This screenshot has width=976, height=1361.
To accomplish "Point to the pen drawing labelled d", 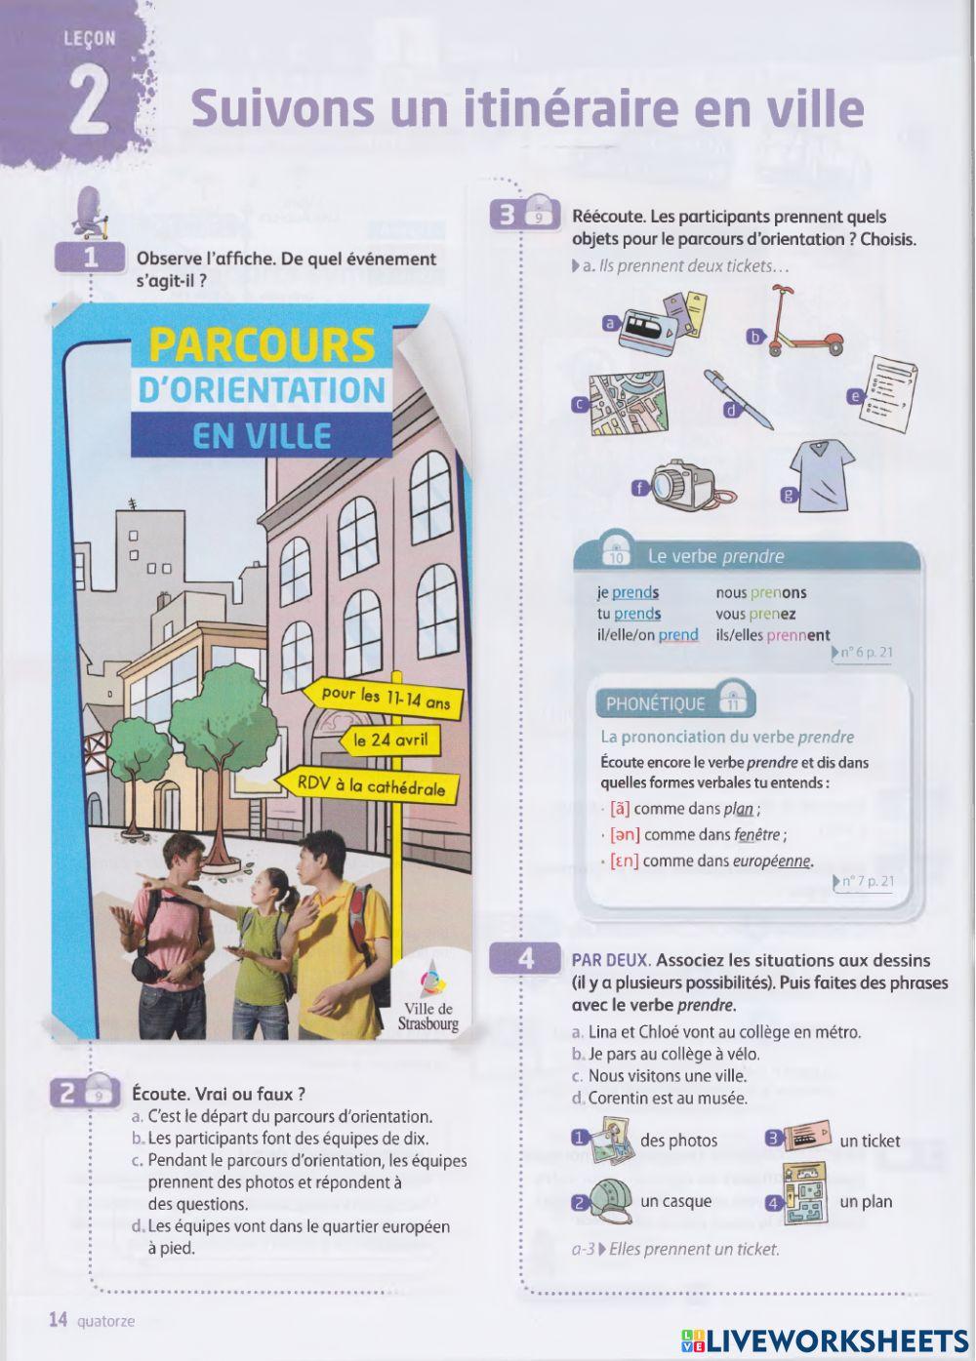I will pos(739,397).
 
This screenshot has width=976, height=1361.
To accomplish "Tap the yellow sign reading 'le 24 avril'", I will pos(390,741).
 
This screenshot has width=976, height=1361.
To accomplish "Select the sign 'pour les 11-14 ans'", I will pos(391,699).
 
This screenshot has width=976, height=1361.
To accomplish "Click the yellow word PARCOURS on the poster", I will pos(263,345).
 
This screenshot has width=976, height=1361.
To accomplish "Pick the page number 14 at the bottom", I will pos(59,1320).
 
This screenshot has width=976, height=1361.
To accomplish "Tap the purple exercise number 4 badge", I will pos(526,958).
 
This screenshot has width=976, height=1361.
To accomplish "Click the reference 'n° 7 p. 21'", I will pos(867,882).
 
